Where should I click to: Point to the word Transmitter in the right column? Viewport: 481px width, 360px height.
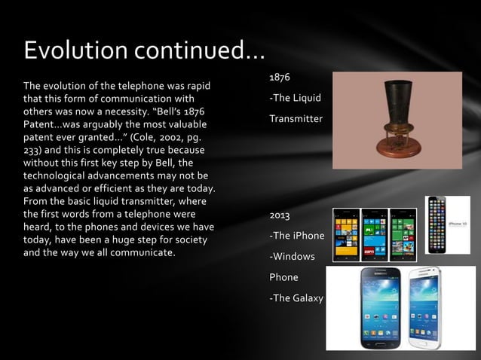(296, 119)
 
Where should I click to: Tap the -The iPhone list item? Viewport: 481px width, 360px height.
(297, 236)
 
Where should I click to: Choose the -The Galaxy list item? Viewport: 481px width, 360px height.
(296, 298)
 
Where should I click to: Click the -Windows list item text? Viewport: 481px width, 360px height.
(293, 257)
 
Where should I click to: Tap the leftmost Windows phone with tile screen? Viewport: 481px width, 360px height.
(346, 234)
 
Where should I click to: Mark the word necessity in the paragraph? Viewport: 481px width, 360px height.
(159, 110)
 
